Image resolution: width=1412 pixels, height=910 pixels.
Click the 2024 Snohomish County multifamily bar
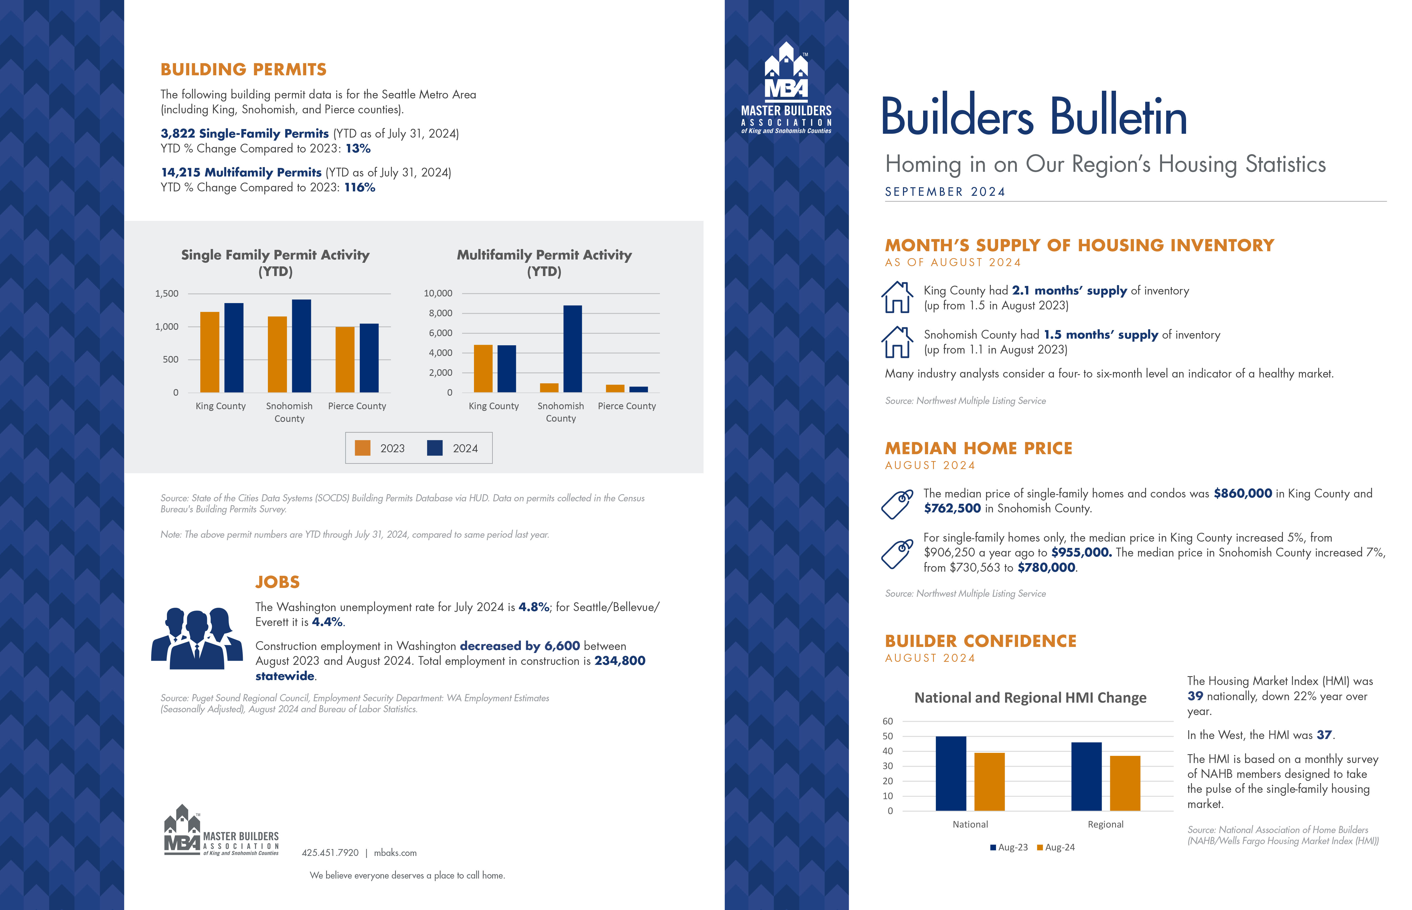(572, 349)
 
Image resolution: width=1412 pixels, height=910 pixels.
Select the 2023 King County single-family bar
(210, 352)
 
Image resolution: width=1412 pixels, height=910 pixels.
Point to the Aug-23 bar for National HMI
(951, 773)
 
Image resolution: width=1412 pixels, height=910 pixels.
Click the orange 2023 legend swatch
(362, 448)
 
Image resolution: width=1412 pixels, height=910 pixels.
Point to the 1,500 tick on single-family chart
(167, 294)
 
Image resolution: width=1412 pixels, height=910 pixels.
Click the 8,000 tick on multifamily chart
(440, 313)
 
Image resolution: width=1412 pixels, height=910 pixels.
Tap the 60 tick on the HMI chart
(888, 721)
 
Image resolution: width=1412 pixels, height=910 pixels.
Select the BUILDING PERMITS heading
(244, 70)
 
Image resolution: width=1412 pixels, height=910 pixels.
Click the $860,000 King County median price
(1242, 493)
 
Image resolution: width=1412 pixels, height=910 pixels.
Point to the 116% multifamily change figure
(360, 187)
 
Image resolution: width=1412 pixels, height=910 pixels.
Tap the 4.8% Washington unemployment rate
(534, 607)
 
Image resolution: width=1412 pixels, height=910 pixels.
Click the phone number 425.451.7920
(330, 853)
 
